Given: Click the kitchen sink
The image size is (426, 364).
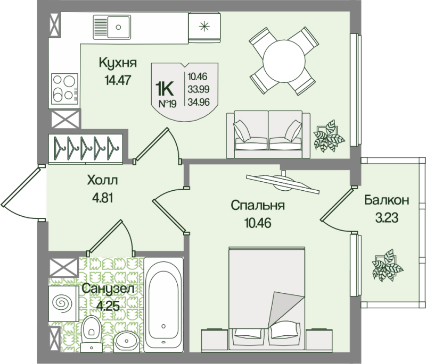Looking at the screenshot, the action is (112, 27).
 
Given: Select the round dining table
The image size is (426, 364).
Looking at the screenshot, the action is (283, 61).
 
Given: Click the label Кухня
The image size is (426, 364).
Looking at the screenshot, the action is (118, 63).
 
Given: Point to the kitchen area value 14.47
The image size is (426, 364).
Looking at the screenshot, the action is (118, 80).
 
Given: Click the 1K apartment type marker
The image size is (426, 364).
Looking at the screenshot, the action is (164, 89).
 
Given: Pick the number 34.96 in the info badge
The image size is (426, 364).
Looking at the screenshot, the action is (199, 102).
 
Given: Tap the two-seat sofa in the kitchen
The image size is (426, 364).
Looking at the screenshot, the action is (268, 134).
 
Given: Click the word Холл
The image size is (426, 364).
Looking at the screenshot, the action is (102, 180).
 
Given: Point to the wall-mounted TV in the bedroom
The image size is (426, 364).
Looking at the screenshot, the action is (283, 182).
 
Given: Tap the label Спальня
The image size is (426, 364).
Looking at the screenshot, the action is (258, 206).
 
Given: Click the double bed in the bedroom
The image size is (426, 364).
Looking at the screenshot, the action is (267, 298).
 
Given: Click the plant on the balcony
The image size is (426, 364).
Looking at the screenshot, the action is (387, 265).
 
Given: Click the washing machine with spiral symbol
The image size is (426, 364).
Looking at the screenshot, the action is (63, 303).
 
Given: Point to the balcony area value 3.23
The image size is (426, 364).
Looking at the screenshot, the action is (387, 217).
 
